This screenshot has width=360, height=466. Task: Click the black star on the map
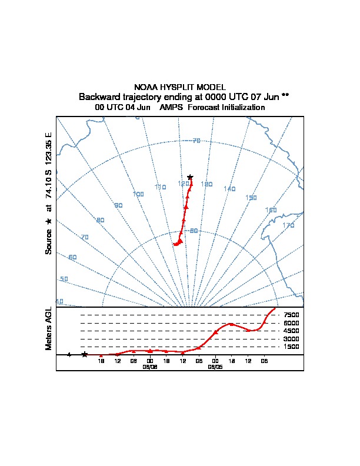coord(190,177)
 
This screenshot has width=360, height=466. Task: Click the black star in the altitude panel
coord(84,354)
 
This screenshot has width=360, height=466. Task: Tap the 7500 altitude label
coord(291,315)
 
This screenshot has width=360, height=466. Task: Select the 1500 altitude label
coord(291,347)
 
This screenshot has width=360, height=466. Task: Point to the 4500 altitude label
coord(291,331)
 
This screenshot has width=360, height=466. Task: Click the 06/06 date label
coord(150,366)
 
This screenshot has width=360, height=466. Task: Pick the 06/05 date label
coord(215,366)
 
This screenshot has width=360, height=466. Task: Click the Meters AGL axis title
coord(49,329)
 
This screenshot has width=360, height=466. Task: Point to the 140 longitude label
coord(229,189)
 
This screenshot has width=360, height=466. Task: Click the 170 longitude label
coord(288,225)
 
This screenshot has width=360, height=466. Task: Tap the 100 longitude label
coord(138,194)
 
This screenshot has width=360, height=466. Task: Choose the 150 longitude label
coord(251,198)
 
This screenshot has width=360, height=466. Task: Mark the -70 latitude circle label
coord(196,141)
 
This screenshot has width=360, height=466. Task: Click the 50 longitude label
coord(64,279)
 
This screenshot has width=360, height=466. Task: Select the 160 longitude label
coord(271,210)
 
